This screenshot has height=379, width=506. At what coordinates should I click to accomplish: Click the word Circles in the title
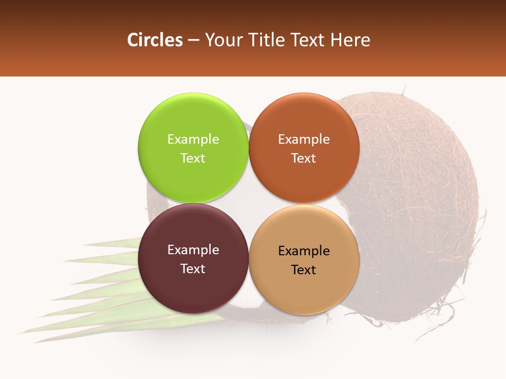(x=154, y=40)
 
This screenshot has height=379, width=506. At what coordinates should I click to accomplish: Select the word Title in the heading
(x=268, y=40)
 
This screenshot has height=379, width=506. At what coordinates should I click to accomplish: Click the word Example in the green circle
(x=193, y=139)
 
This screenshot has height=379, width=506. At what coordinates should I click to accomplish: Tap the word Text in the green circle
(x=193, y=158)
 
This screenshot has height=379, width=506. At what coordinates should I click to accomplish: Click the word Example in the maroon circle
(x=193, y=250)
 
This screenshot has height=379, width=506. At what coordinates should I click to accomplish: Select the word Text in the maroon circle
(x=193, y=269)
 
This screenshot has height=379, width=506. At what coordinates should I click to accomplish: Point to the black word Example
(x=304, y=251)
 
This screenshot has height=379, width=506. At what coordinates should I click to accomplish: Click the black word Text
(x=304, y=270)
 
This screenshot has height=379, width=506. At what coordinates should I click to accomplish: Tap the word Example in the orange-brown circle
(x=304, y=139)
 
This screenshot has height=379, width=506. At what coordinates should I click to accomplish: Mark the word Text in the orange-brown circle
(x=304, y=158)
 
